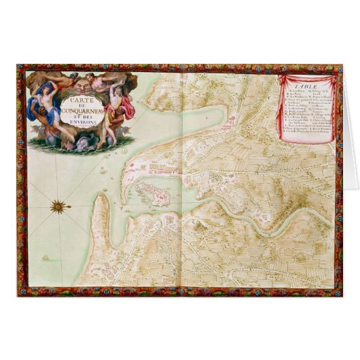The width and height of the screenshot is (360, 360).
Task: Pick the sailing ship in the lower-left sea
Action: [x=46, y=257]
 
